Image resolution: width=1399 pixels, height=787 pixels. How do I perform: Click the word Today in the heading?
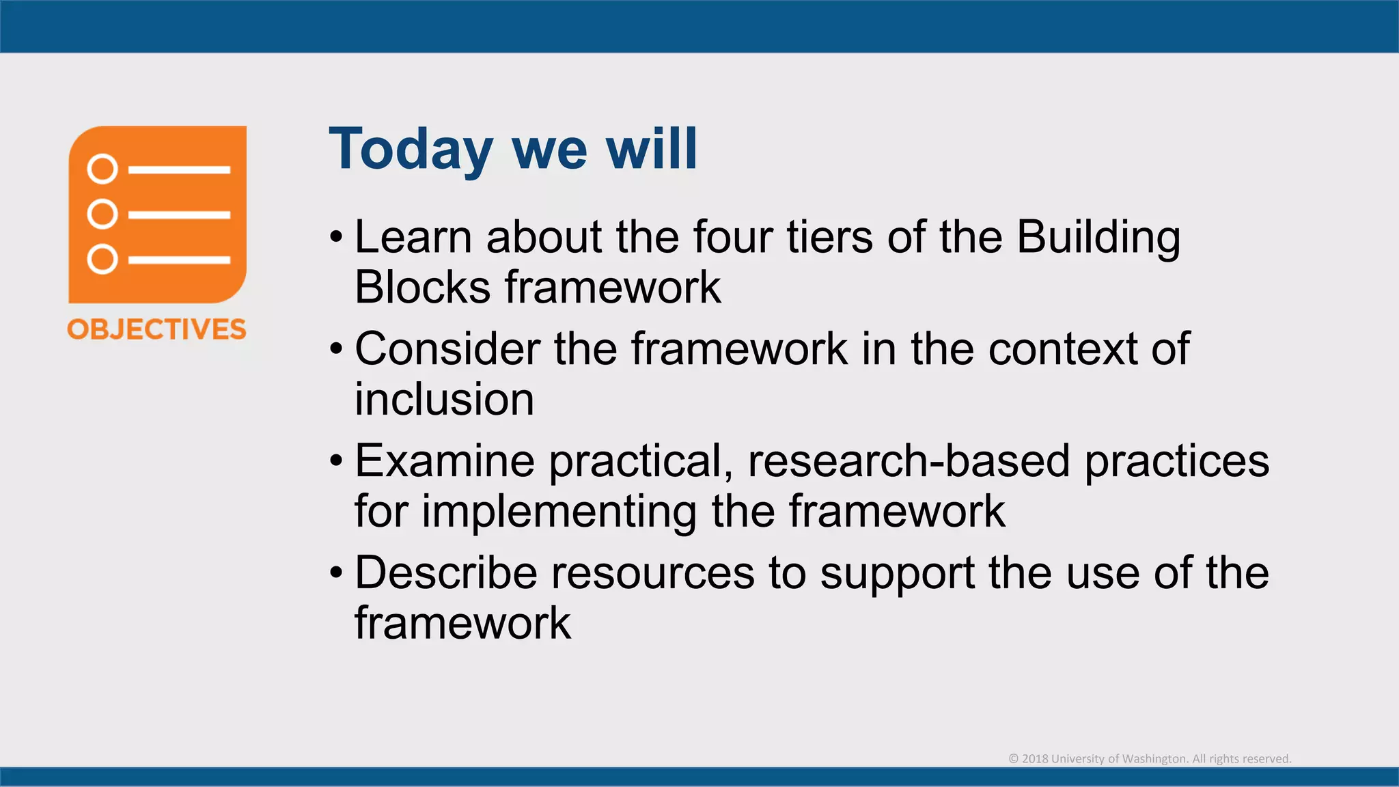tap(411, 150)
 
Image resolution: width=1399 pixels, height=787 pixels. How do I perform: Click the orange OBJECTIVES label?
tap(156, 329)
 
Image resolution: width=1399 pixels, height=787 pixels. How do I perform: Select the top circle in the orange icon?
tap(102, 169)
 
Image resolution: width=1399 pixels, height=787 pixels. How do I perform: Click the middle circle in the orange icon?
tap(102, 214)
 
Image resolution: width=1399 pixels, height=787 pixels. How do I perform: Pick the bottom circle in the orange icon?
tap(102, 260)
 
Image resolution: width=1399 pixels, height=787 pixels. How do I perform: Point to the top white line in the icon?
tap(179, 169)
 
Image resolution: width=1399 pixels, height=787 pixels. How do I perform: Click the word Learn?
tap(413, 238)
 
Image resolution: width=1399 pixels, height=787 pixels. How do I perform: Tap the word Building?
tap(1098, 238)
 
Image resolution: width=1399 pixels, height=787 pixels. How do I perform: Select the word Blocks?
tap(422, 288)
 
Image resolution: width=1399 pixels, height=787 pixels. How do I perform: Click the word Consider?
tap(447, 349)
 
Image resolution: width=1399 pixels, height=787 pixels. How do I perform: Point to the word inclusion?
tap(444, 400)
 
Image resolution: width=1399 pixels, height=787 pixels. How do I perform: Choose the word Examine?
tap(444, 461)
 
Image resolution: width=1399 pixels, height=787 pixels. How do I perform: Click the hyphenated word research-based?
tap(909, 461)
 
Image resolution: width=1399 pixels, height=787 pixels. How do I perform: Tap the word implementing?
tap(559, 512)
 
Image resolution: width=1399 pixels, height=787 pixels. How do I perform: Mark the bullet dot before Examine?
tap(335, 461)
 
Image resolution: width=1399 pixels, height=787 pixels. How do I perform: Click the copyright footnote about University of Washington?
tap(1150, 759)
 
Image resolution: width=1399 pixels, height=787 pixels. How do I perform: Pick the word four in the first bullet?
tap(732, 238)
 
